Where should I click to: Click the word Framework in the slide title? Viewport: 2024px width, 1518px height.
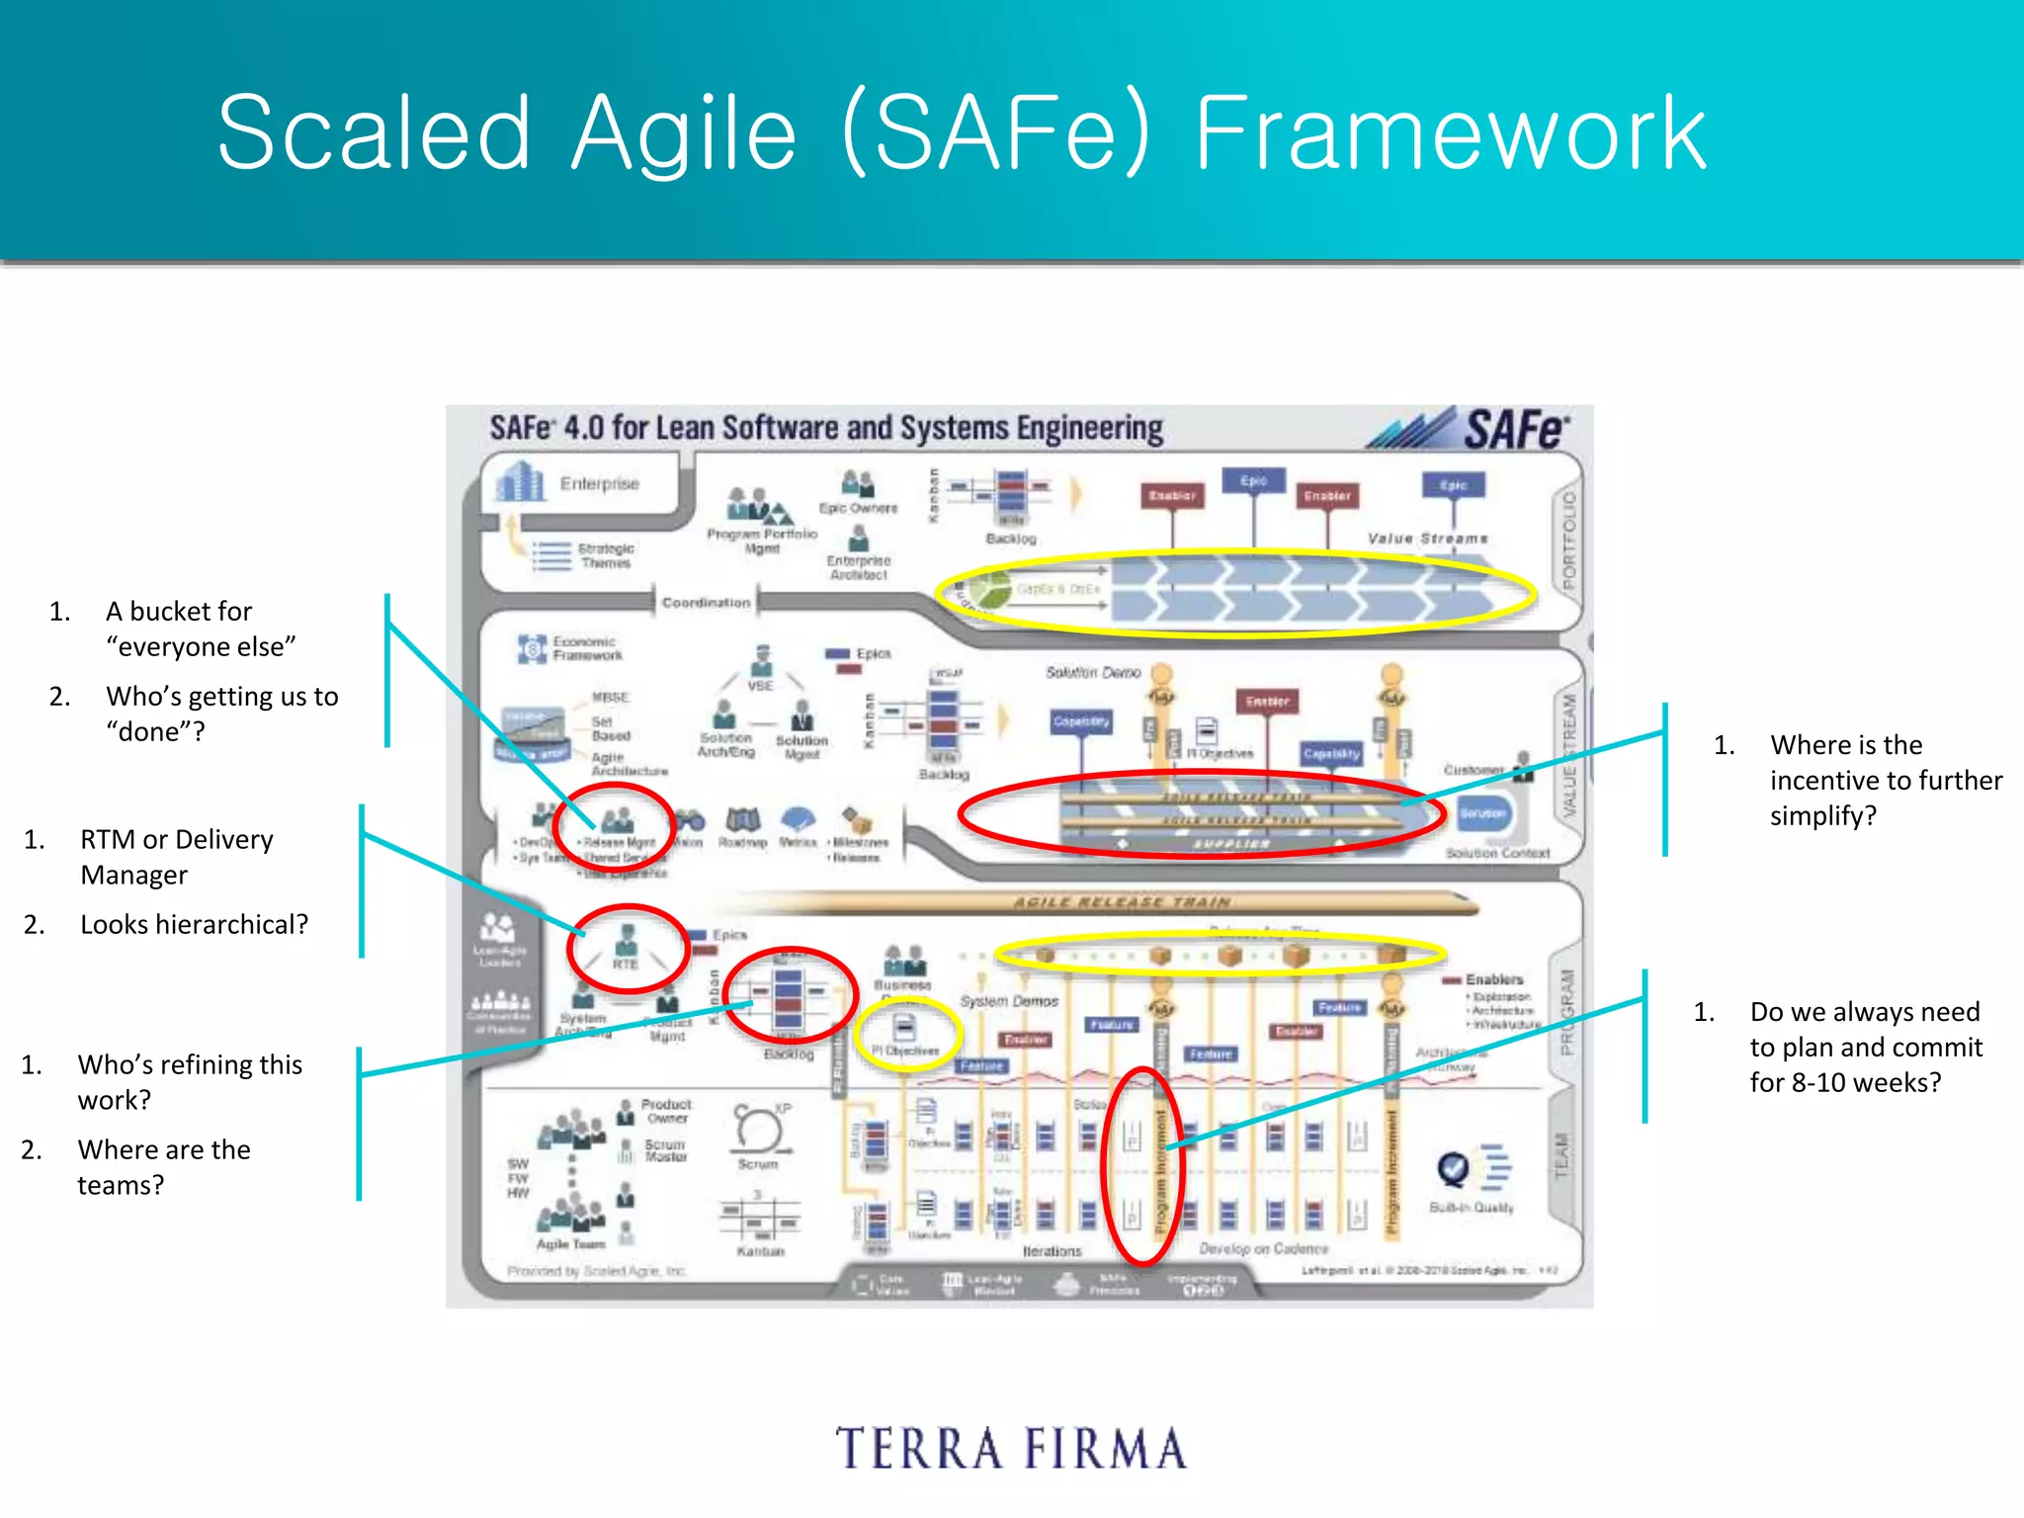[1450, 133]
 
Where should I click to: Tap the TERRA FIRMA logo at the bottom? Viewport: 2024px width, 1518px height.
[1011, 1449]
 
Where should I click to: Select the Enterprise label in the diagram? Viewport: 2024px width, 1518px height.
[599, 483]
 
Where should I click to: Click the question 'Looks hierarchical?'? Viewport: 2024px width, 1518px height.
[194, 924]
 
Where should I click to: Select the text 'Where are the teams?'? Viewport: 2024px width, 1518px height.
[164, 1167]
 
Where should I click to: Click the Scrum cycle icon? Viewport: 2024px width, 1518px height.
[758, 1129]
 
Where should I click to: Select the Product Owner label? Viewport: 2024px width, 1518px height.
[666, 1111]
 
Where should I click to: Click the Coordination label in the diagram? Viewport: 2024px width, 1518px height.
[706, 602]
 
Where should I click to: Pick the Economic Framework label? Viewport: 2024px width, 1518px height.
[587, 648]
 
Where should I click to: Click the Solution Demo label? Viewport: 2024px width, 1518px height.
[1092, 672]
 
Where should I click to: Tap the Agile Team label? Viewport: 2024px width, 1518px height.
[570, 1244]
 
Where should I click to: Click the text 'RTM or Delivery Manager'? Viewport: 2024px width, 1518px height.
[176, 857]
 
